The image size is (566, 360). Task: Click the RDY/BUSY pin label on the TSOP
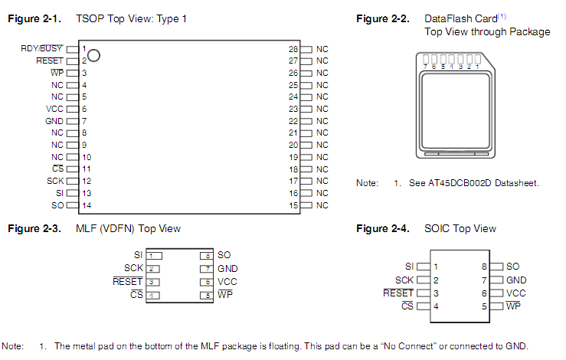point(42,48)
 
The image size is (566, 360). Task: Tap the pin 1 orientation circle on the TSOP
point(94,54)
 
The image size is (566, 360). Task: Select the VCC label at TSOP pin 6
point(54,109)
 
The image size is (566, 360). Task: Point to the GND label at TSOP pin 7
point(54,121)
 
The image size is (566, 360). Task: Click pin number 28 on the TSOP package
point(293,48)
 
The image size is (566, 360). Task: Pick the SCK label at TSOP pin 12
point(55,181)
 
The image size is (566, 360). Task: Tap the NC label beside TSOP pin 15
point(322,205)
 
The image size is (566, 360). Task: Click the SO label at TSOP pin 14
point(57,205)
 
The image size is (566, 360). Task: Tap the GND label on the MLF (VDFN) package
point(227,268)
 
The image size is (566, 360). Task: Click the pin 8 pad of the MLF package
point(205,255)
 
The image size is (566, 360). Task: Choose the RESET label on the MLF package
point(127,281)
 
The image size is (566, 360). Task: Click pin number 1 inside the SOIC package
point(435,267)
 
